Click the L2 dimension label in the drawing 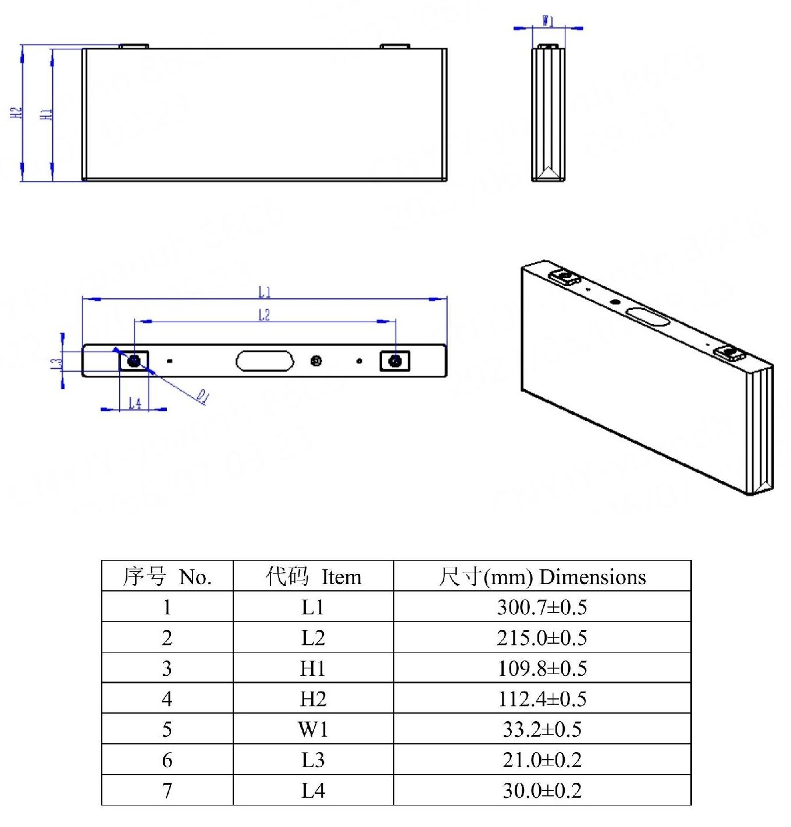coord(264,315)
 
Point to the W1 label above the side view coord(548,21)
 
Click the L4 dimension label coord(134,402)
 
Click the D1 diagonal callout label coord(202,397)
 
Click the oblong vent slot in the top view coord(265,361)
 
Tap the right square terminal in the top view coord(395,361)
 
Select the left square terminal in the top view coord(134,361)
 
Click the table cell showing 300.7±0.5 coord(542,607)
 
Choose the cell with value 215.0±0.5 coord(542,638)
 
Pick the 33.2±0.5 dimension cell coord(542,729)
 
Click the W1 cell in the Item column coord(313,729)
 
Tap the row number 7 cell coord(167,790)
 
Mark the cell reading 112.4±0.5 coord(542,698)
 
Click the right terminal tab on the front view coord(395,46)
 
